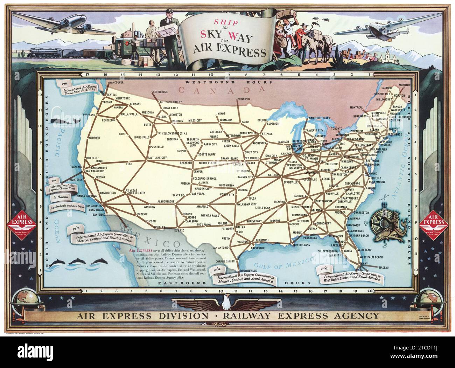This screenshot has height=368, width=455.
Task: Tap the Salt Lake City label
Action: [157, 158]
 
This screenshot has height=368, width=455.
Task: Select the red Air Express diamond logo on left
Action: [22, 224]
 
